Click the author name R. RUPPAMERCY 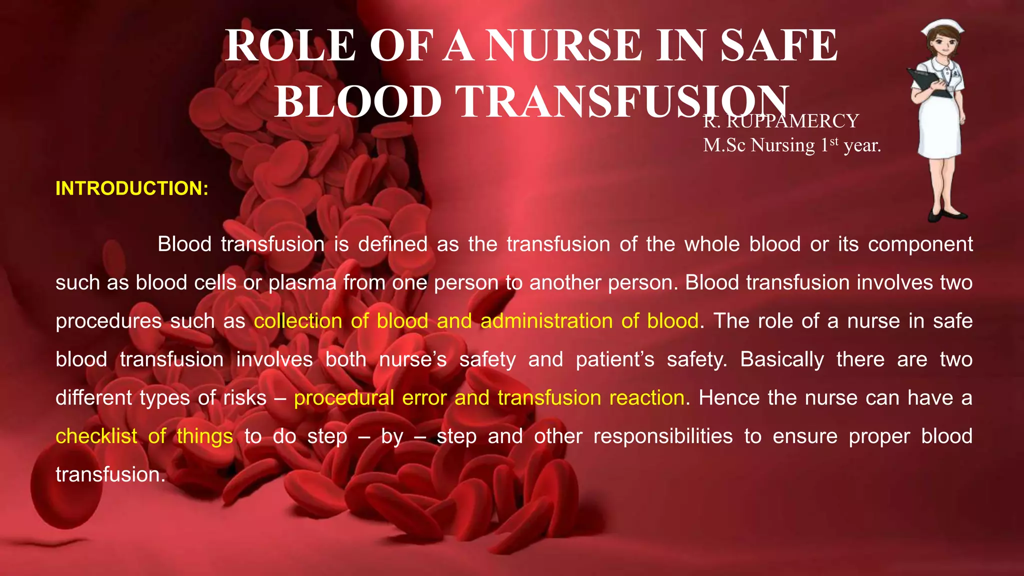[x=780, y=121]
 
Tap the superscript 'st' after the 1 [x=833, y=141]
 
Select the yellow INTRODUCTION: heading [x=132, y=188]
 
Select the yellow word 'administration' [x=546, y=321]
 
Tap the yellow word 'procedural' [x=343, y=398]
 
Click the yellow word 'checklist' [x=96, y=436]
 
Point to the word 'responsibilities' [x=663, y=436]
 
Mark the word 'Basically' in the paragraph [x=782, y=359]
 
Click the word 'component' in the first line [x=920, y=244]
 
